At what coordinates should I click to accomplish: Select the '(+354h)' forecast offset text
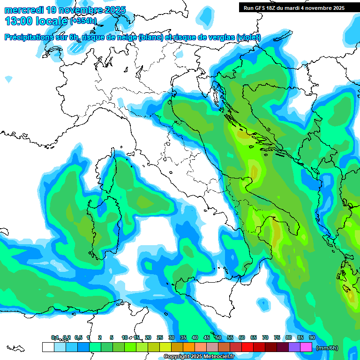(x=83, y=21)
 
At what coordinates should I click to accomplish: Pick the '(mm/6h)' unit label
(x=327, y=347)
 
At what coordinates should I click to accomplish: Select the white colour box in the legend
(x=48, y=347)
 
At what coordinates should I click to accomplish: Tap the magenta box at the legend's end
(x=306, y=347)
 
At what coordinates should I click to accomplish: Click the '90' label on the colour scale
(x=312, y=337)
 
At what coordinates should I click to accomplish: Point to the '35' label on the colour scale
(x=183, y=337)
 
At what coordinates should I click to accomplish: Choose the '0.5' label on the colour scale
(x=78, y=337)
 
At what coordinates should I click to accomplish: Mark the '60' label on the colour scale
(x=242, y=337)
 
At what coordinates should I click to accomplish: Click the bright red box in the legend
(x=247, y=347)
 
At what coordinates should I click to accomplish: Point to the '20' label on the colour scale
(x=148, y=337)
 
